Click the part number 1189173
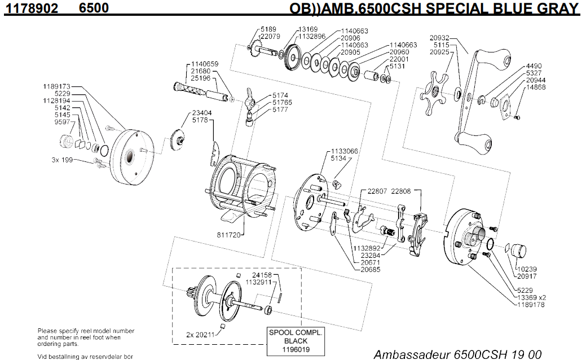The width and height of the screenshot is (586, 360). click(56, 86)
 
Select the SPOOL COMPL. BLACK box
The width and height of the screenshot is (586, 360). click(296, 341)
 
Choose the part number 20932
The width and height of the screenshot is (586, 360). click(439, 38)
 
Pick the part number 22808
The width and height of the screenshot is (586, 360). click(402, 191)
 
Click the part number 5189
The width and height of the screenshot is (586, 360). click(268, 29)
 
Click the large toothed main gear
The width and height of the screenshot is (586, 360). click(293, 57)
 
